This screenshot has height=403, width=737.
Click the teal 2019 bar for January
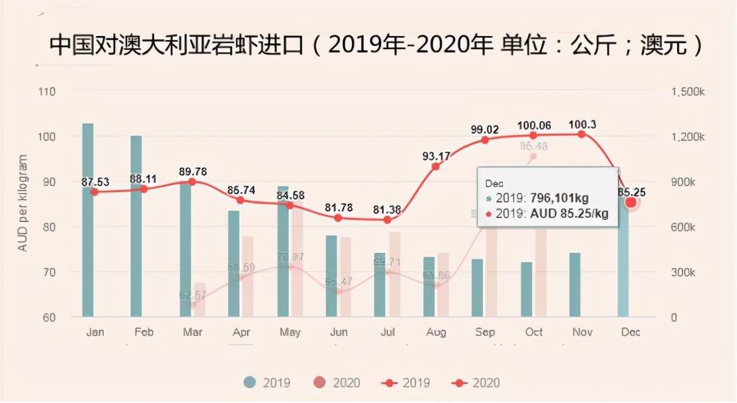(88, 219)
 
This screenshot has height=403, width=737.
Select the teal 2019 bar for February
(136, 226)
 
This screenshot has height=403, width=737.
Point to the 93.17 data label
(436, 156)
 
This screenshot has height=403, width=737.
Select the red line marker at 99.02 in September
(485, 140)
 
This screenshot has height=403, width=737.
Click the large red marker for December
(631, 202)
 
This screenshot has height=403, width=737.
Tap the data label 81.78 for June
(339, 207)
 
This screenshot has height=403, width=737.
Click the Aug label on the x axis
(436, 332)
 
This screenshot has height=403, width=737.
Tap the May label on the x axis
(290, 332)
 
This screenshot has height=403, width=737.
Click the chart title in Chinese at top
(376, 46)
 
